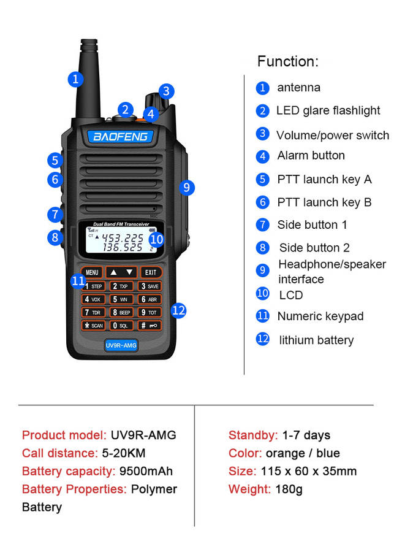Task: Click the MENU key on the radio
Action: point(92,272)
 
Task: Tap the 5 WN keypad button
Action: point(121,299)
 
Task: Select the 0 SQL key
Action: point(121,325)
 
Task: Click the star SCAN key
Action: point(94,325)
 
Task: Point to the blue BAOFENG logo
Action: point(121,136)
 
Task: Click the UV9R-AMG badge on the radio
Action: point(121,345)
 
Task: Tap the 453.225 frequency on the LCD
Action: point(123,238)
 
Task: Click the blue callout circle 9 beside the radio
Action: point(187,187)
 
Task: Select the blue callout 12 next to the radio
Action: point(179,310)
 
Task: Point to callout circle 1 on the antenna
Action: point(75,79)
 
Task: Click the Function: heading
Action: point(288,61)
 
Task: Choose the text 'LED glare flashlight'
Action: point(328,110)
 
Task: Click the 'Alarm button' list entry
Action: point(311,155)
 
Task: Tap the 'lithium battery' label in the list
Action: point(316,340)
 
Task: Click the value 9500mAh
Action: point(146,471)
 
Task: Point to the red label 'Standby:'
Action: point(253,435)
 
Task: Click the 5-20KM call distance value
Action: point(124,453)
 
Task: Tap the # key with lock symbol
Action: point(150,325)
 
